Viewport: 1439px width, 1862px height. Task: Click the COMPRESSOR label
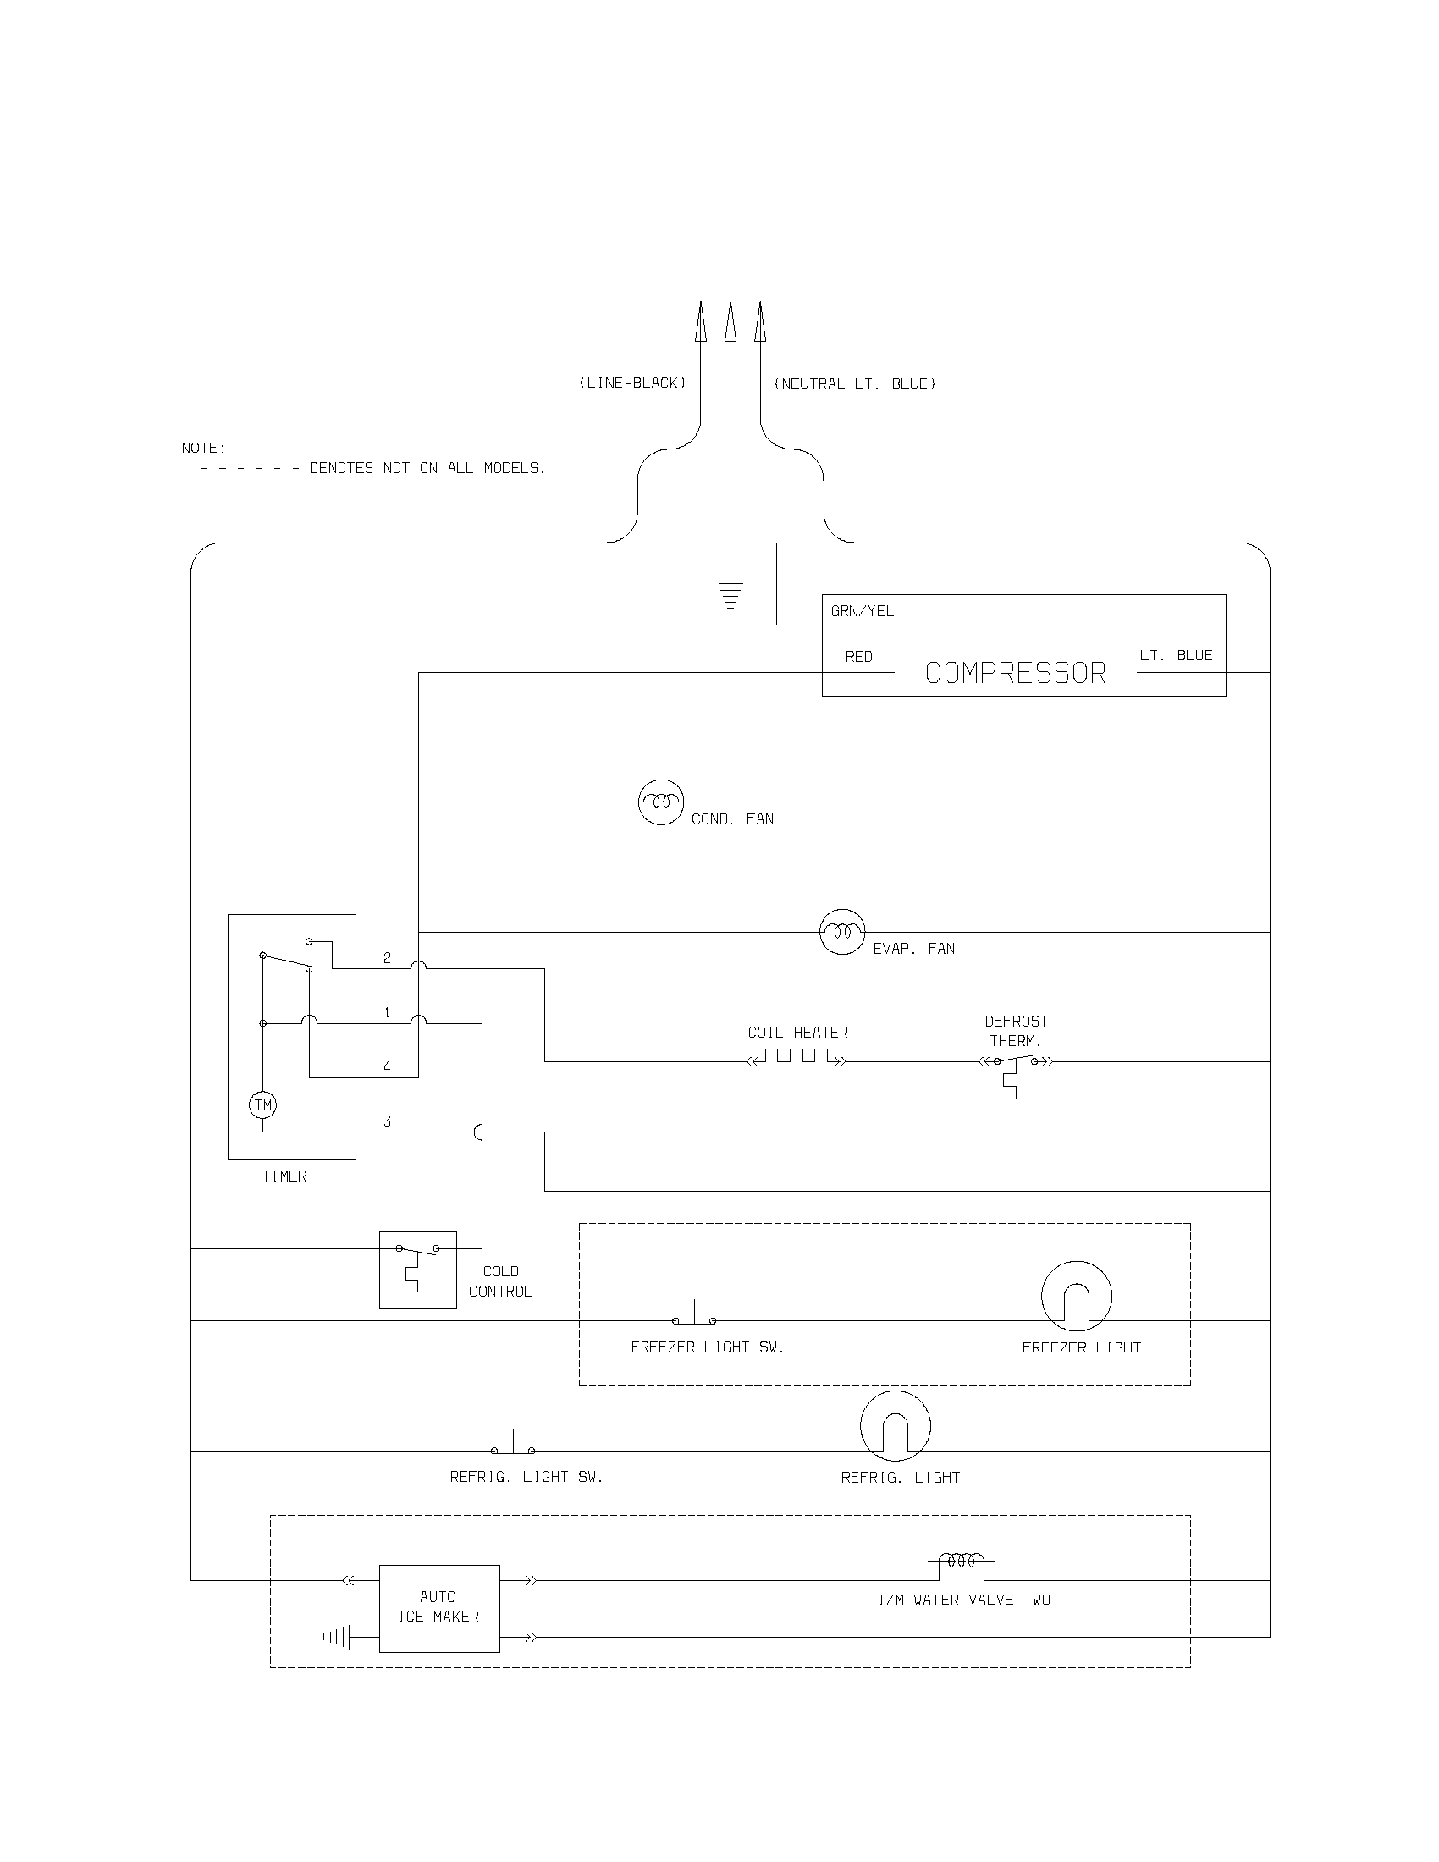pos(1014,674)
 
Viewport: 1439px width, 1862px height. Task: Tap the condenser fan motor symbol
pos(661,802)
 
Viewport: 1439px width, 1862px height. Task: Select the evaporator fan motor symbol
pos(842,932)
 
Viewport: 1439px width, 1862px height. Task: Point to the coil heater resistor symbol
pos(797,1059)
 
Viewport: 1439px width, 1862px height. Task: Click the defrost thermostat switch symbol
pos(1014,1066)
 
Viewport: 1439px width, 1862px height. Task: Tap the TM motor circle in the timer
pos(262,1106)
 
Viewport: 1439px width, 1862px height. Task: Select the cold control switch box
pos(417,1270)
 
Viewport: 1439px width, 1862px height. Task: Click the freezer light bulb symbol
pos(1077,1297)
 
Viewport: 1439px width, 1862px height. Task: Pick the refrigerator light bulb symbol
pos(895,1426)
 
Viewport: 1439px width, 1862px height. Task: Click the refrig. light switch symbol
pos(513,1446)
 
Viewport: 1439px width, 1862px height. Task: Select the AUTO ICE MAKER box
pos(439,1608)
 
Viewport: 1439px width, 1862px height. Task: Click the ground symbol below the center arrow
pos(731,595)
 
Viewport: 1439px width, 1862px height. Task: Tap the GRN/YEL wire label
pos(862,611)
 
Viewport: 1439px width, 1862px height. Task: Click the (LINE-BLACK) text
pos(632,383)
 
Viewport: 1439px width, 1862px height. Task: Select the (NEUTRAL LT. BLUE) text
pos(854,384)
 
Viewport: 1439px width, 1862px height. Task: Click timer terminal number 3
pos(387,1121)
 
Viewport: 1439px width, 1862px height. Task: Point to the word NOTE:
pos(204,449)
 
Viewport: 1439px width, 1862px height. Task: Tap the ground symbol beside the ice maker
pos(338,1637)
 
